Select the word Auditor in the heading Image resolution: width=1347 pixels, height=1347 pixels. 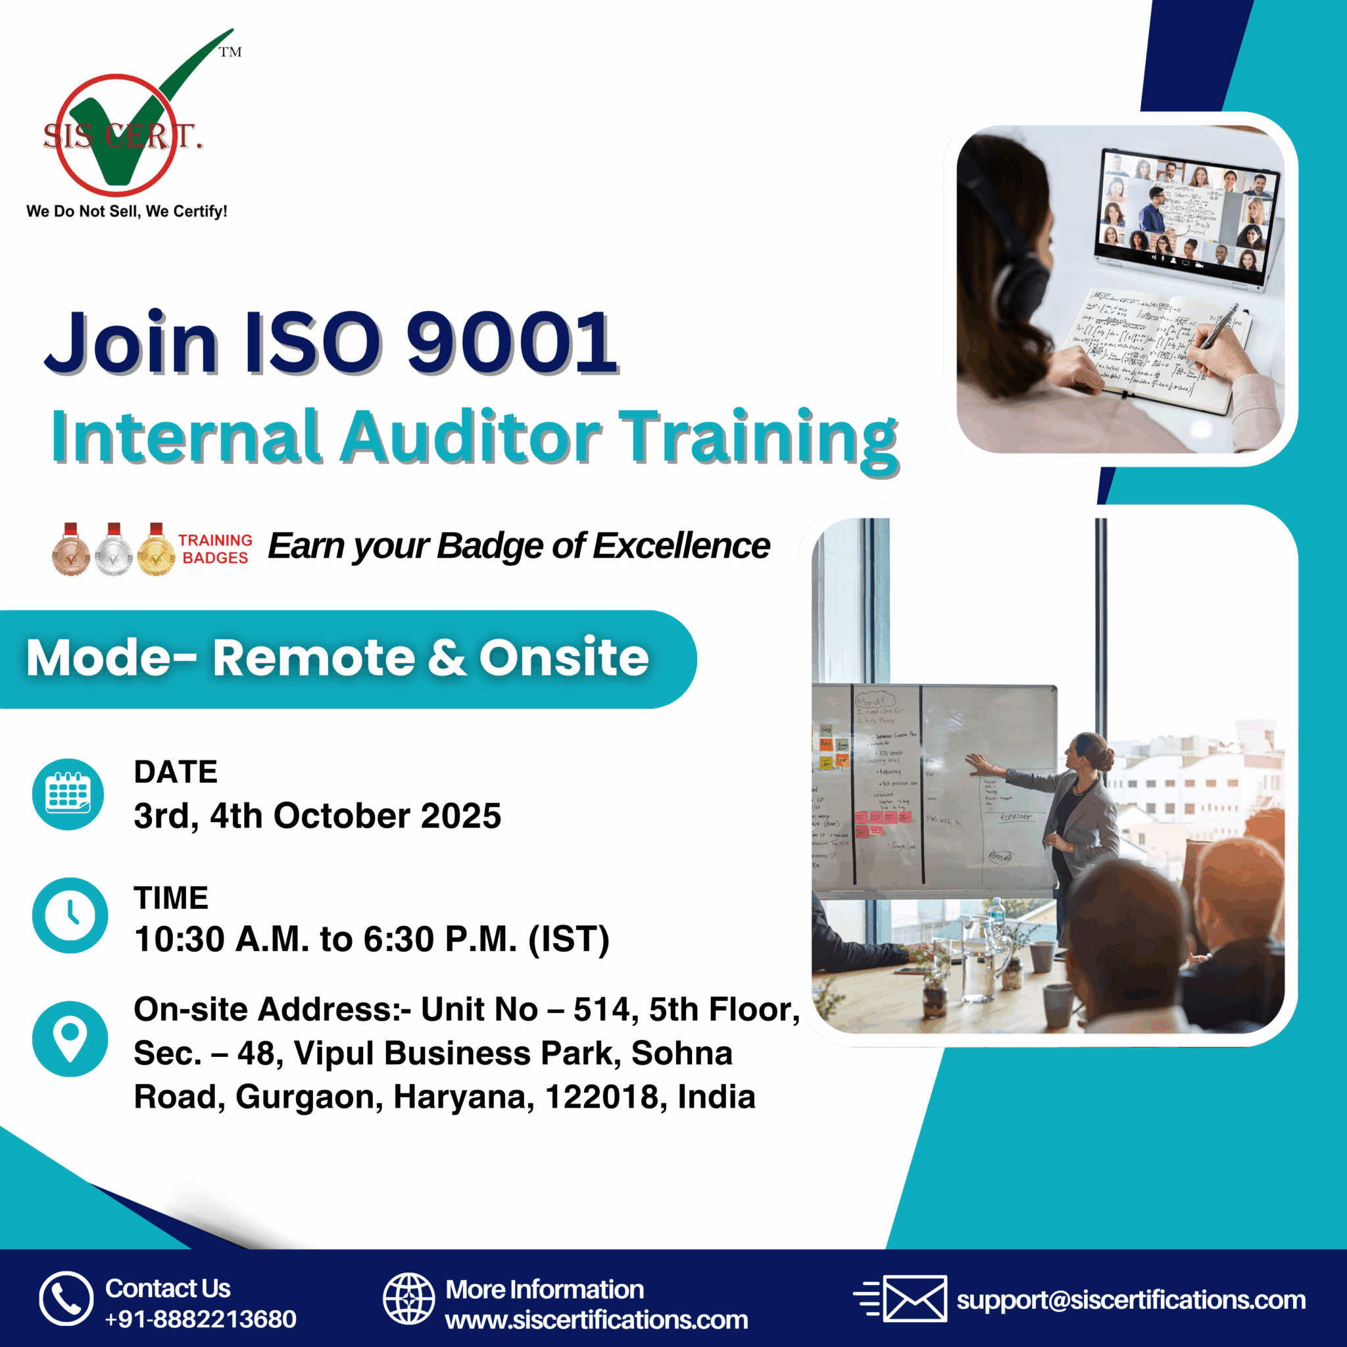471,437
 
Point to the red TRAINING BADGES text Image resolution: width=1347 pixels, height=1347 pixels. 214,549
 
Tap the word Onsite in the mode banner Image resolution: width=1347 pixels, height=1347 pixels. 564,658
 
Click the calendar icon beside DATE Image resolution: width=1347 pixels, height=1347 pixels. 68,794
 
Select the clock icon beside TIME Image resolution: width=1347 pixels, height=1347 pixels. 70,915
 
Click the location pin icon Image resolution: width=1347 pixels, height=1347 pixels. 70,1039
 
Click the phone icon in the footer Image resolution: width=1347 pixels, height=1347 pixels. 66,1298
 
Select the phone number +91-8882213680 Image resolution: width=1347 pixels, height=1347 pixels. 201,1319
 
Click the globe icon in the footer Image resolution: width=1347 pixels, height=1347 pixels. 409,1298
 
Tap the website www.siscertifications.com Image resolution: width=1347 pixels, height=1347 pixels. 596,1320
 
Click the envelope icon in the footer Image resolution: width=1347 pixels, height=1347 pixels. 914,1298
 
